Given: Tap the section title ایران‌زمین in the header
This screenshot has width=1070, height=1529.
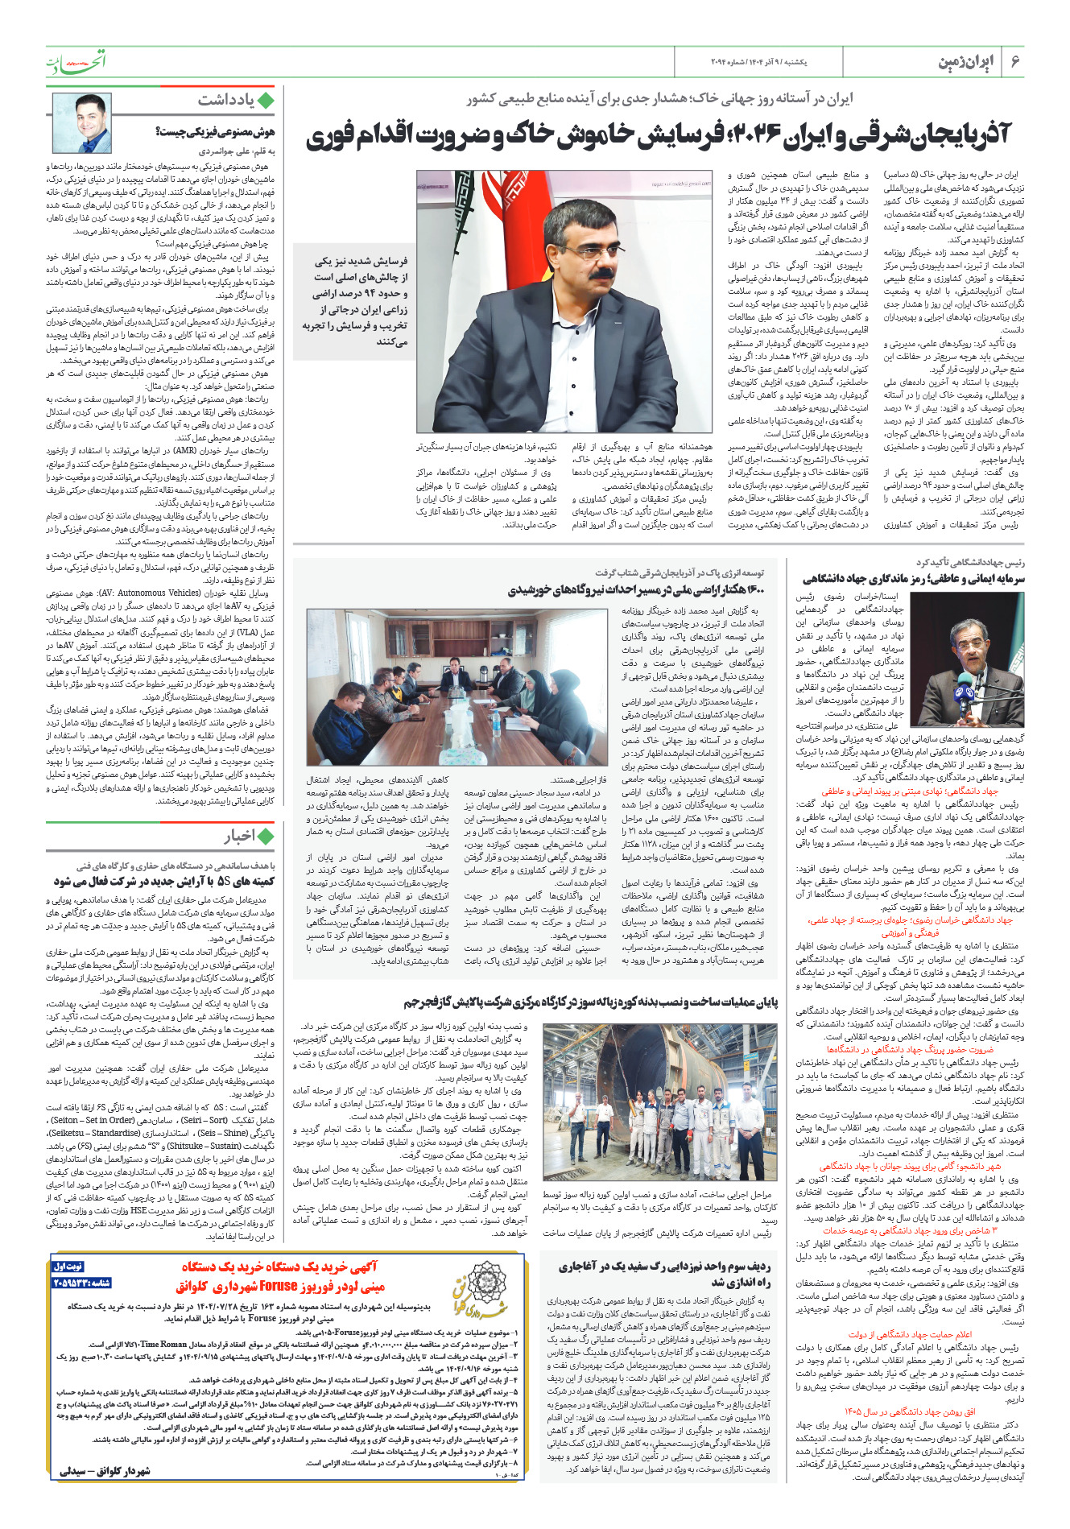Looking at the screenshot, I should point(966,62).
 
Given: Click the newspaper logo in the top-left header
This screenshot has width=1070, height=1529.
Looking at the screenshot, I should point(76,61).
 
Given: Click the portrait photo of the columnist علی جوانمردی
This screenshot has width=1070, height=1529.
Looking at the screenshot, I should point(82,122).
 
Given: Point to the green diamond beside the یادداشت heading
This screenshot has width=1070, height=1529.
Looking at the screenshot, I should point(266,100).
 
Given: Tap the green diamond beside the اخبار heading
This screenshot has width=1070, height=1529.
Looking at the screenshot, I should point(266,837).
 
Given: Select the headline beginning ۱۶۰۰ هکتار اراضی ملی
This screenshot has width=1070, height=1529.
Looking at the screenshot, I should point(636,590).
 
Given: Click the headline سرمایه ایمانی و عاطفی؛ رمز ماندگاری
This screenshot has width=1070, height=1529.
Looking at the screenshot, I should point(913,578).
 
